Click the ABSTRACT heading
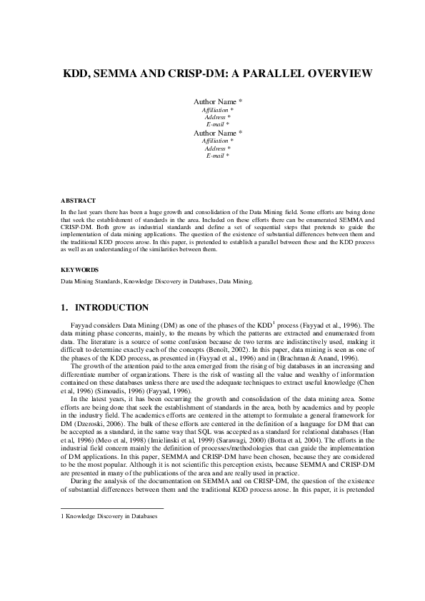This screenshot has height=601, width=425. click(78, 201)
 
